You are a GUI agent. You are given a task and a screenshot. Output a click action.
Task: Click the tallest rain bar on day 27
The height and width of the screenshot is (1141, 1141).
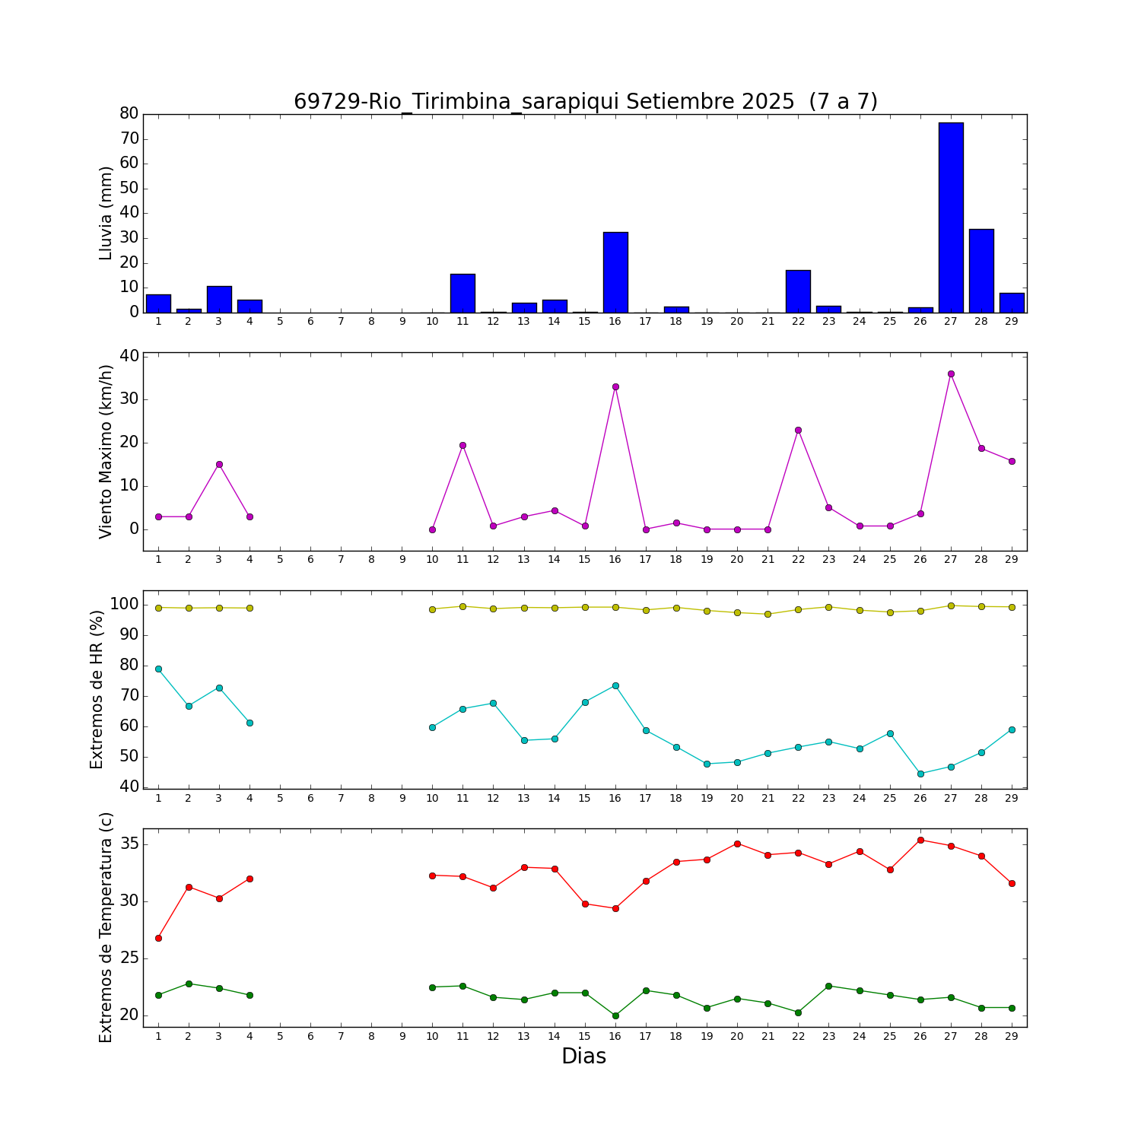click(951, 217)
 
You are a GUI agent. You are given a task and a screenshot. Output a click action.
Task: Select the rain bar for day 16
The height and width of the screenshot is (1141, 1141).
click(615, 272)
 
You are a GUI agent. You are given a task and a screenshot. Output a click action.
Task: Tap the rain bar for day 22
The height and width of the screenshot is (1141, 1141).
click(798, 291)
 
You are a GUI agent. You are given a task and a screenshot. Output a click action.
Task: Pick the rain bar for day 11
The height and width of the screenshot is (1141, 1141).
click(462, 293)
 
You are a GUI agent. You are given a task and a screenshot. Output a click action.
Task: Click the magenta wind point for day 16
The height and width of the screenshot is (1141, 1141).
click(615, 386)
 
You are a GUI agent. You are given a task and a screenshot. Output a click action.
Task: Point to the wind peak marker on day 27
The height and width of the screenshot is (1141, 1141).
click(951, 373)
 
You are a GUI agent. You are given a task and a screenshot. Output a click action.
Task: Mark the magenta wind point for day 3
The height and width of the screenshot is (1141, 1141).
click(219, 464)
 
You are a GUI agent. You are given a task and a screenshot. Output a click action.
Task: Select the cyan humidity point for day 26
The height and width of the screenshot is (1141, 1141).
click(920, 774)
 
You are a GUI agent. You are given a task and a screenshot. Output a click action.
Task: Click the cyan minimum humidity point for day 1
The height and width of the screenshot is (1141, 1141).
click(158, 669)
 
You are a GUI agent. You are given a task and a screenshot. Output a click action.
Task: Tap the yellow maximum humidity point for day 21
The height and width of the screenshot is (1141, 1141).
click(768, 614)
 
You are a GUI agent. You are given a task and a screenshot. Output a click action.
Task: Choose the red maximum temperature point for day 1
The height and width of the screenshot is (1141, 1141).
click(158, 938)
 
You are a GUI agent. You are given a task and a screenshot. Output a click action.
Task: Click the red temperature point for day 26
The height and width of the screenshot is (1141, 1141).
click(920, 840)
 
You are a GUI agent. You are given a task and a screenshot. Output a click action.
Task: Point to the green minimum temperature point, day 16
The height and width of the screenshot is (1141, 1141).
click(615, 1015)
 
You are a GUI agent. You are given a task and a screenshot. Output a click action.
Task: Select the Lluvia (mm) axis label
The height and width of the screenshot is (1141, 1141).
click(106, 213)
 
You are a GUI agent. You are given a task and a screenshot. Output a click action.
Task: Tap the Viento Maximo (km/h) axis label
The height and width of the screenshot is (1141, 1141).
click(106, 451)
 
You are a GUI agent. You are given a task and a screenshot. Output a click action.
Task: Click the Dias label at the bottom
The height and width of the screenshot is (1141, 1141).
click(583, 1057)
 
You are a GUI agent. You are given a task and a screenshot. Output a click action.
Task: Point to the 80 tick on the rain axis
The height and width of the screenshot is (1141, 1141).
click(129, 113)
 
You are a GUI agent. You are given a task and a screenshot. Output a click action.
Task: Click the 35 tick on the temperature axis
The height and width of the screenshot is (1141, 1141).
click(129, 844)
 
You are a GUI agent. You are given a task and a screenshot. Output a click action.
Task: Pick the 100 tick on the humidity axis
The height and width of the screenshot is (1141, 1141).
click(124, 604)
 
